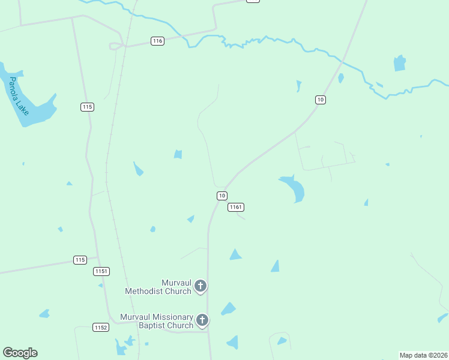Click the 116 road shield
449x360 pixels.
tap(157, 41)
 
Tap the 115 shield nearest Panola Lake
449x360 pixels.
tap(87, 107)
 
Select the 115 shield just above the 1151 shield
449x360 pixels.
tap(80, 260)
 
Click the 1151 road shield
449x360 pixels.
tap(101, 272)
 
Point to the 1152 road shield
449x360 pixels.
tap(100, 327)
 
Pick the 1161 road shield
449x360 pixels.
tap(236, 207)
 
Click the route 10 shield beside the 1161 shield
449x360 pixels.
tap(222, 196)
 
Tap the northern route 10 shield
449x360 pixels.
tap(321, 100)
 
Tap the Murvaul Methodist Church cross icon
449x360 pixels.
tap(201, 286)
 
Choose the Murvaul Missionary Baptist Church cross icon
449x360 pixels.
tap(202, 320)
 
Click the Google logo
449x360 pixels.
tap(20, 353)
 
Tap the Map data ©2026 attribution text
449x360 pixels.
tap(424, 355)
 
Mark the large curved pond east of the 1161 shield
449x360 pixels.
tap(294, 187)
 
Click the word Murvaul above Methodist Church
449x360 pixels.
tap(175, 283)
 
